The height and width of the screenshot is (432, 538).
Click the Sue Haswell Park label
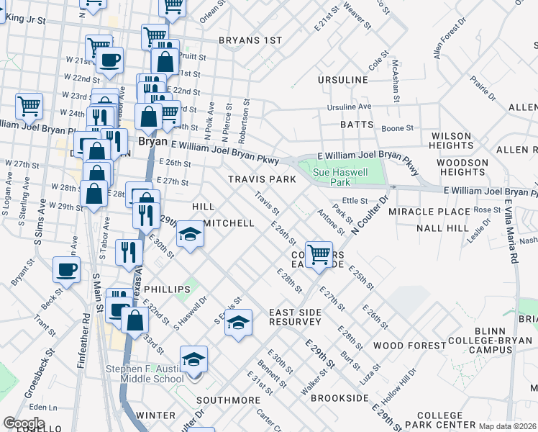[340, 178]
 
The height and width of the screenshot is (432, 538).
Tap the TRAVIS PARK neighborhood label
[262, 179]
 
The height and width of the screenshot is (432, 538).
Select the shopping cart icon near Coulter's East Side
[319, 253]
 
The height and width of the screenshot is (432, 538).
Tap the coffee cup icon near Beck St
[66, 271]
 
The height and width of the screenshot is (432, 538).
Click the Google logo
[24, 423]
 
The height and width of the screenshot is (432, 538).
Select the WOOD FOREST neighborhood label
[409, 346]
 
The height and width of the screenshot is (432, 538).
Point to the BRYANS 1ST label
[250, 40]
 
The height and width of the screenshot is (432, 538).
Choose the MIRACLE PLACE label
[429, 212]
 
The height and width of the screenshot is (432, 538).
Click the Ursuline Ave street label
[349, 107]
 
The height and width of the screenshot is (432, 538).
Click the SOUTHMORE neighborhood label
[228, 400]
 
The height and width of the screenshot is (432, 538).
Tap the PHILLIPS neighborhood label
[167, 289]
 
